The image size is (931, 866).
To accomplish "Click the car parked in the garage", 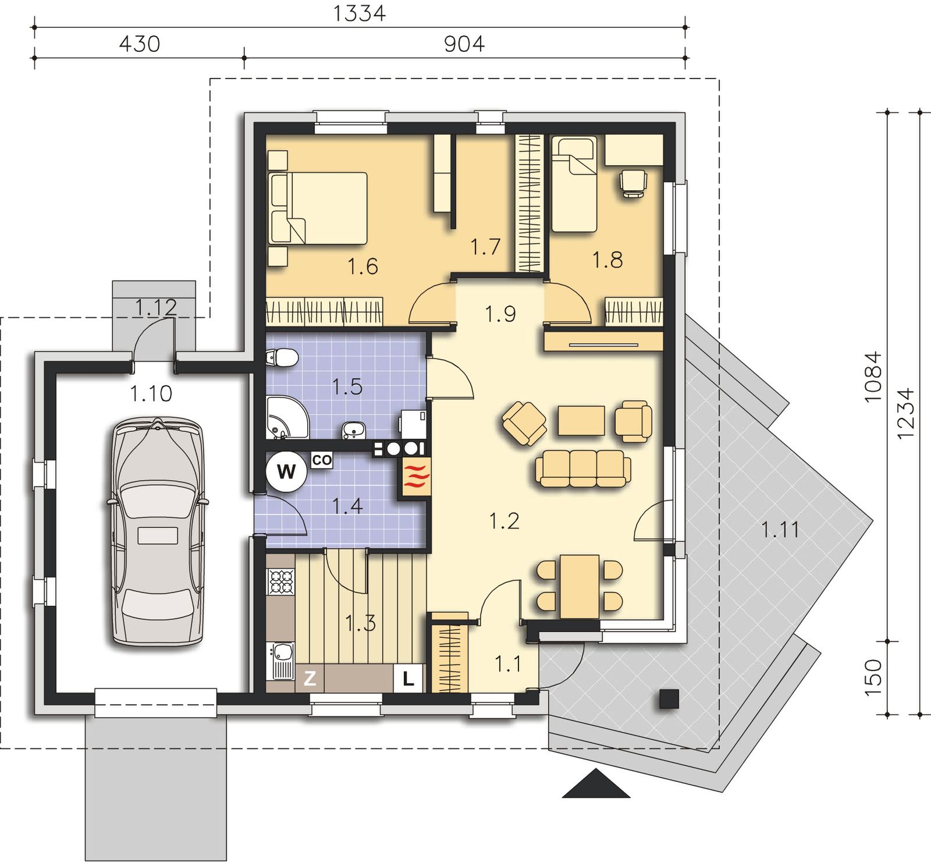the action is point(157,531).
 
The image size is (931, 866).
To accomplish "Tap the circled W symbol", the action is point(286,471).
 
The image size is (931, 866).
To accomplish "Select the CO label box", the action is point(322,460).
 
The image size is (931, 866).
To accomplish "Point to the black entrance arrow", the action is point(597,783).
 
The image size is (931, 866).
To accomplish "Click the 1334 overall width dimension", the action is point(359,13).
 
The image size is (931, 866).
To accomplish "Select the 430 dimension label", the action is point(139,44).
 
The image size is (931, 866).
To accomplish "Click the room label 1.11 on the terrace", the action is point(780,530).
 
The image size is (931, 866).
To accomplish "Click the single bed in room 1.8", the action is point(574,183).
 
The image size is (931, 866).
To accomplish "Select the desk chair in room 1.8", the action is point(633,183).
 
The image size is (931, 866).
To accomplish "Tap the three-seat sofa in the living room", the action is point(583,467).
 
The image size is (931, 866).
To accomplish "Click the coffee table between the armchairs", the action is point(581,420).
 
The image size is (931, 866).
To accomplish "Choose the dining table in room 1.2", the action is point(580,586).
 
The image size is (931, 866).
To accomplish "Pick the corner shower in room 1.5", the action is point(287,417).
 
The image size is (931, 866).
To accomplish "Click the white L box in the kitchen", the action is point(409,678).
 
